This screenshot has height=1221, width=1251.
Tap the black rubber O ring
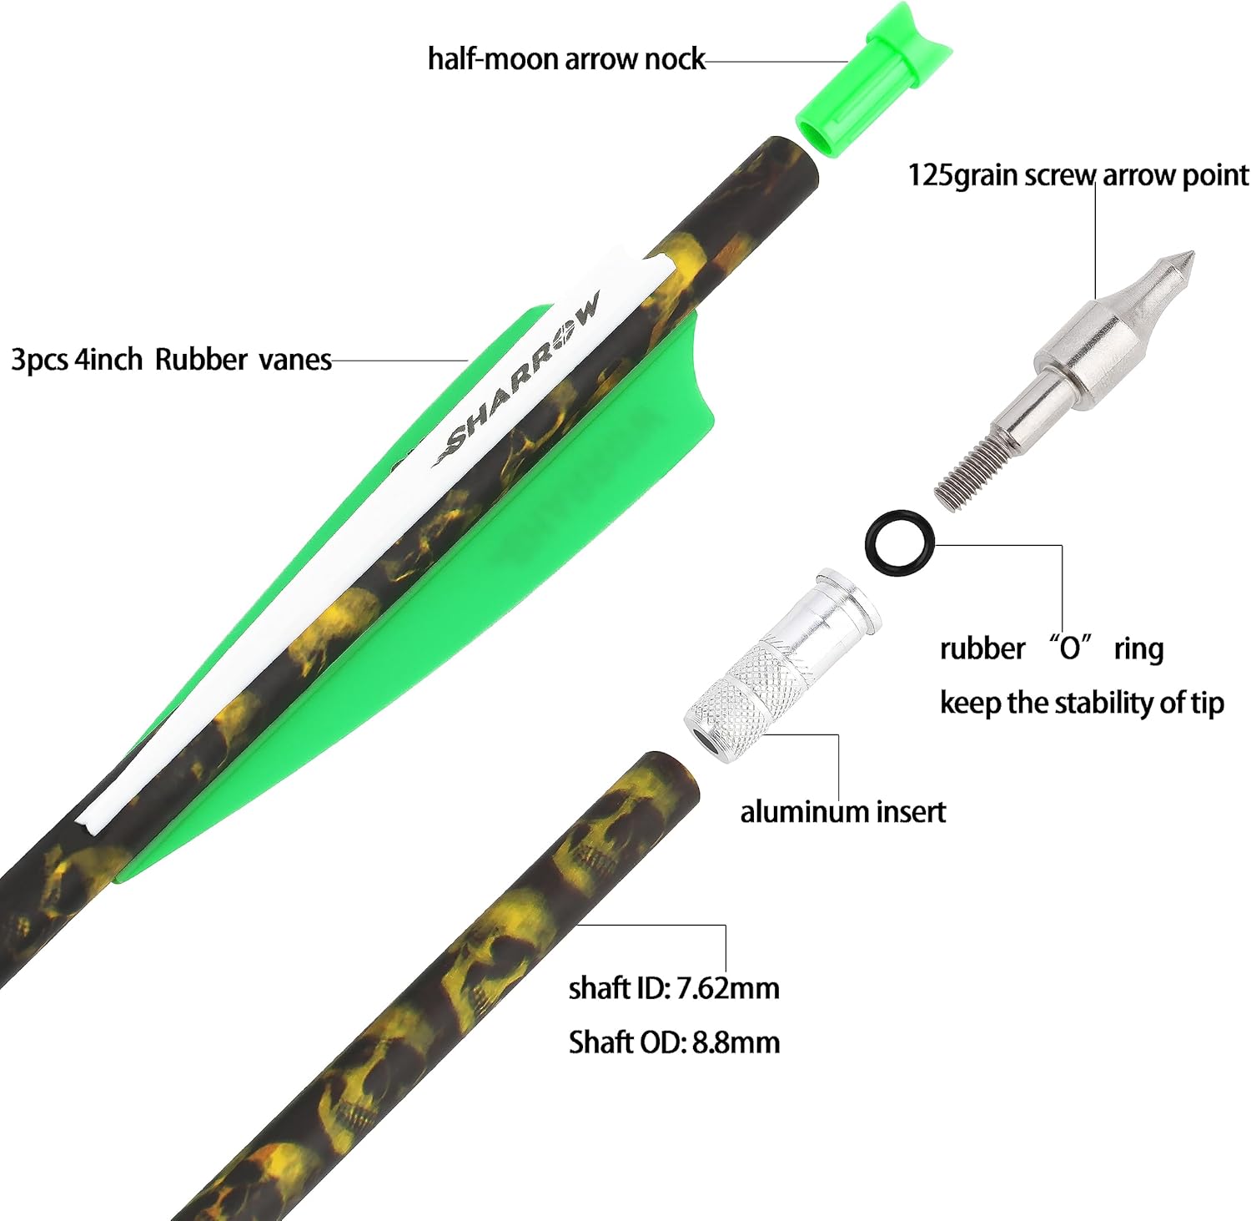pyautogui.click(x=900, y=542)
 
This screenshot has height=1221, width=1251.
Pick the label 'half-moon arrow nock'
pyautogui.click(x=566, y=60)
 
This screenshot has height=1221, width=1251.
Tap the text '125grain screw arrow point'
pyautogui.click(x=1078, y=175)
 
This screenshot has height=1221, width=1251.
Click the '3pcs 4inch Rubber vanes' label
pyautogui.click(x=171, y=360)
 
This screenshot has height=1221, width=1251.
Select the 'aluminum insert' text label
pyautogui.click(x=842, y=811)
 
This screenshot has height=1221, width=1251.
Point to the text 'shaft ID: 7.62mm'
pyautogui.click(x=674, y=988)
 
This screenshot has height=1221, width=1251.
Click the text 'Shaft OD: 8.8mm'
pyautogui.click(x=674, y=1042)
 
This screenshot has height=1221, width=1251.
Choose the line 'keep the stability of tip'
pyautogui.click(x=1081, y=703)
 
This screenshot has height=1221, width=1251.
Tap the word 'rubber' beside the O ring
pyautogui.click(x=982, y=648)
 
